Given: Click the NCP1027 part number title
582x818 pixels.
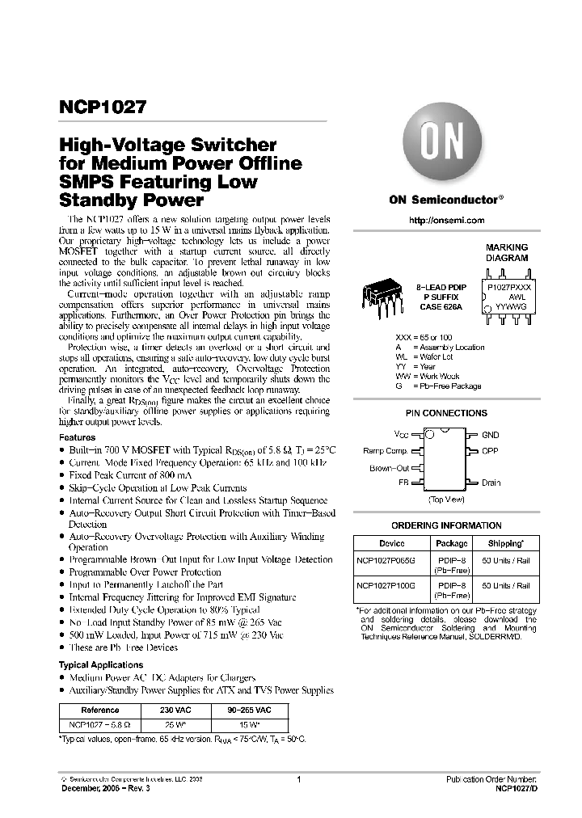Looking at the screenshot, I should (x=100, y=107).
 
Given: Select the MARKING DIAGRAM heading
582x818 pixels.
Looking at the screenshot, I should (x=506, y=252).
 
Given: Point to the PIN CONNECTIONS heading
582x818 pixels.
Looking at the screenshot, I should (x=445, y=413).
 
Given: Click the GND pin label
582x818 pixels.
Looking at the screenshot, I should (x=491, y=435).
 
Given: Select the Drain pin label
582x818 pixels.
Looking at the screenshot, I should (x=491, y=483).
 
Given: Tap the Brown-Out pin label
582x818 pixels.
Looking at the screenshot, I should (x=390, y=467).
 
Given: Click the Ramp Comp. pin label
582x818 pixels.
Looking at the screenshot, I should (x=385, y=451).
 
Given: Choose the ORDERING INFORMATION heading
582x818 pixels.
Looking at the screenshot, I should (x=445, y=525).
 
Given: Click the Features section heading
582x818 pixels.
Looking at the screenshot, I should (x=78, y=436).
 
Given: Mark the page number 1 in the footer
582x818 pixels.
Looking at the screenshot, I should (x=298, y=780).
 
